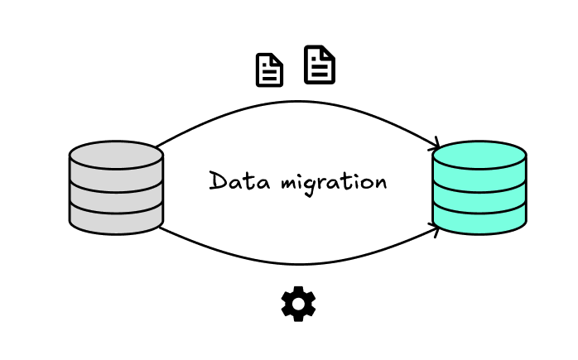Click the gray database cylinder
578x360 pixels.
click(116, 188)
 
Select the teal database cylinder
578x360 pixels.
click(479, 188)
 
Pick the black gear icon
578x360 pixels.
click(298, 304)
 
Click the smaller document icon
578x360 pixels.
click(269, 70)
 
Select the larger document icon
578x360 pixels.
click(320, 65)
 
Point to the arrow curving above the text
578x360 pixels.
click(298, 103)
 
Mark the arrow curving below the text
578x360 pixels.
click(298, 263)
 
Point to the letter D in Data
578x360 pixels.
click(217, 180)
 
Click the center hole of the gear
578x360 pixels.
click(298, 304)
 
